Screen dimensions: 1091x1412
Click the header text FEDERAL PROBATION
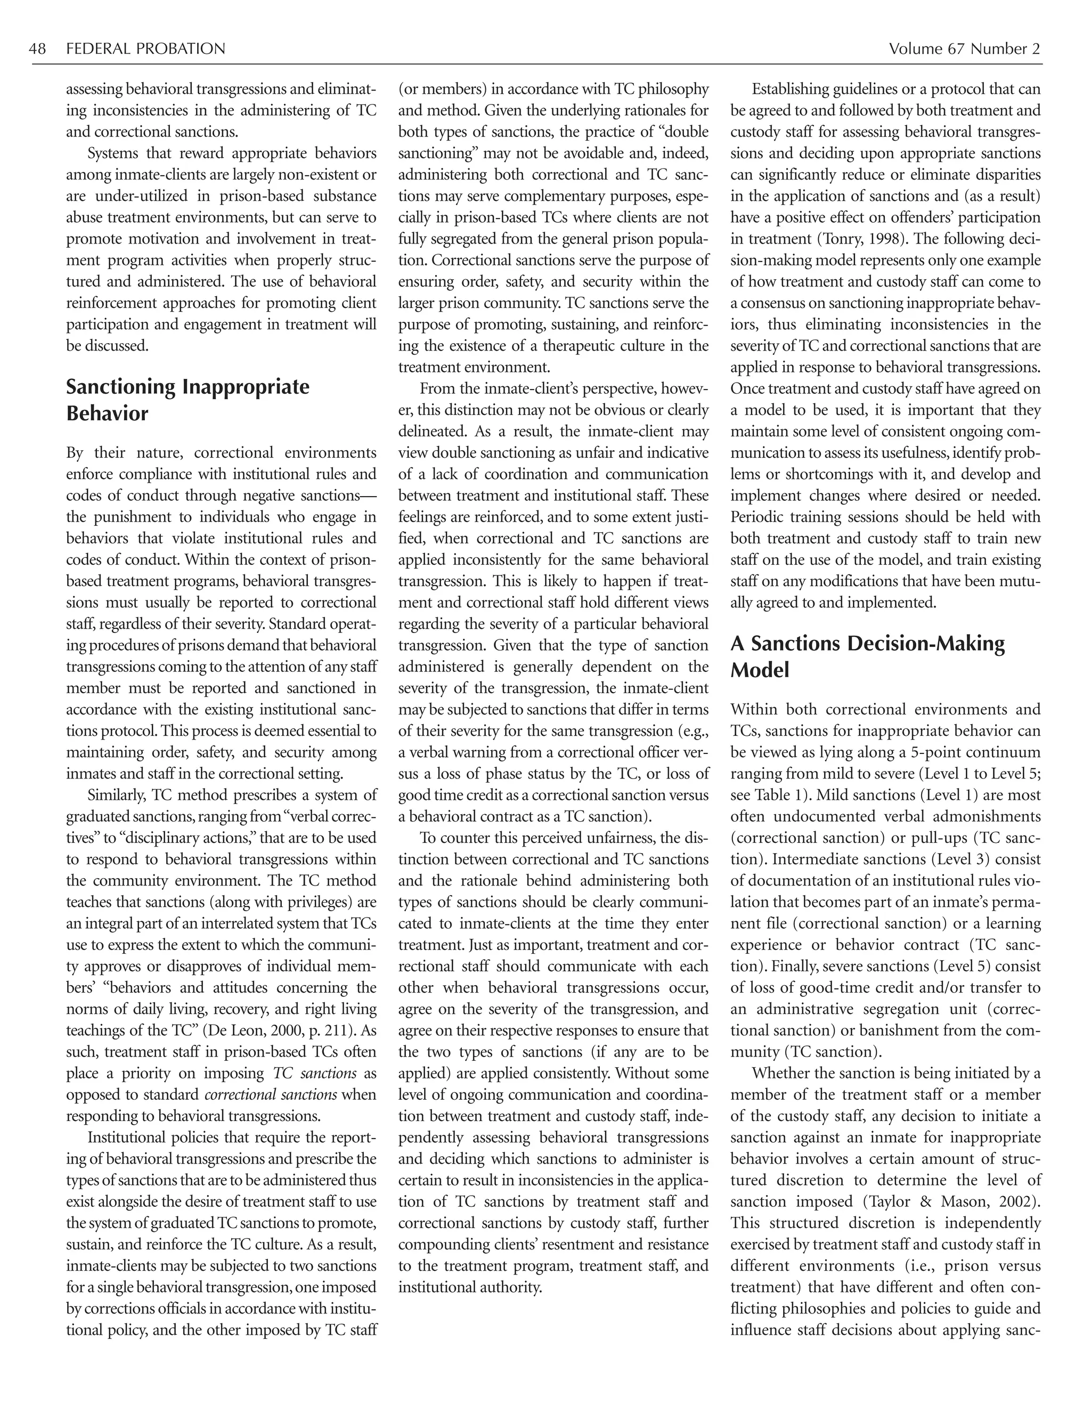146,49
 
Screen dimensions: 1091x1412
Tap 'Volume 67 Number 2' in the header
964,49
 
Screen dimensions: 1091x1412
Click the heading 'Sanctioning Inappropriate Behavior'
188,400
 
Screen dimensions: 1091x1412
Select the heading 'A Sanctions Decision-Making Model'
867,656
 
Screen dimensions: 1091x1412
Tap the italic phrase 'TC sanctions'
315,1073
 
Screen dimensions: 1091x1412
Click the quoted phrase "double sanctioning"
553,143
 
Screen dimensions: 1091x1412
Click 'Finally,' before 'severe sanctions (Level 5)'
797,967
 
